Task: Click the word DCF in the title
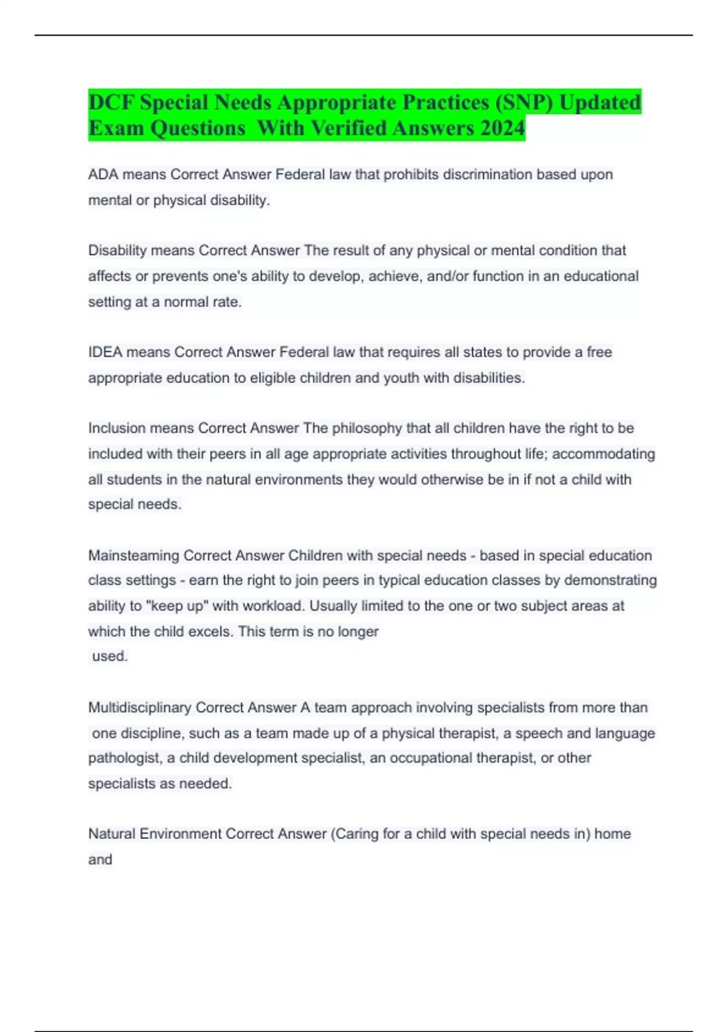point(111,102)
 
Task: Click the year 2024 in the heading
point(501,128)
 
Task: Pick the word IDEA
point(105,352)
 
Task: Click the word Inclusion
point(117,428)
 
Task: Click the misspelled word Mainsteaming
point(133,555)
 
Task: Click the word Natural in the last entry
point(112,834)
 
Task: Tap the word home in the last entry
point(613,834)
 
